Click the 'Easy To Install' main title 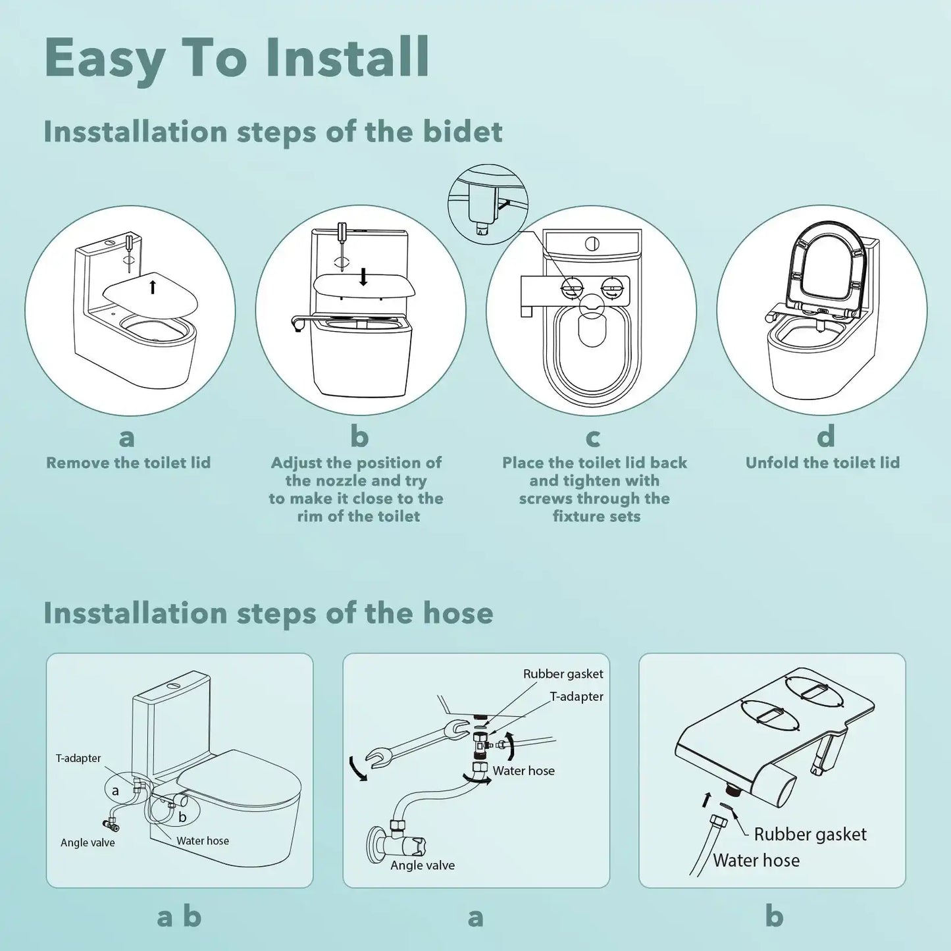click(x=237, y=58)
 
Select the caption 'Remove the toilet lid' click(x=128, y=463)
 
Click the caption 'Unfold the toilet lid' click(x=822, y=463)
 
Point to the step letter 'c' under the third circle click(x=592, y=437)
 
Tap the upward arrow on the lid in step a click(x=153, y=286)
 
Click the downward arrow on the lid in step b click(x=363, y=276)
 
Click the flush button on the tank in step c click(x=592, y=244)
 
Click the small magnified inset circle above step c click(x=488, y=205)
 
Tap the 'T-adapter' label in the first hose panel click(x=78, y=758)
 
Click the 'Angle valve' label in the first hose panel click(x=88, y=842)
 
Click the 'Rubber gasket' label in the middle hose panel click(x=563, y=674)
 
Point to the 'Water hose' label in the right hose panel click(x=756, y=860)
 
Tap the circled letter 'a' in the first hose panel click(x=116, y=790)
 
